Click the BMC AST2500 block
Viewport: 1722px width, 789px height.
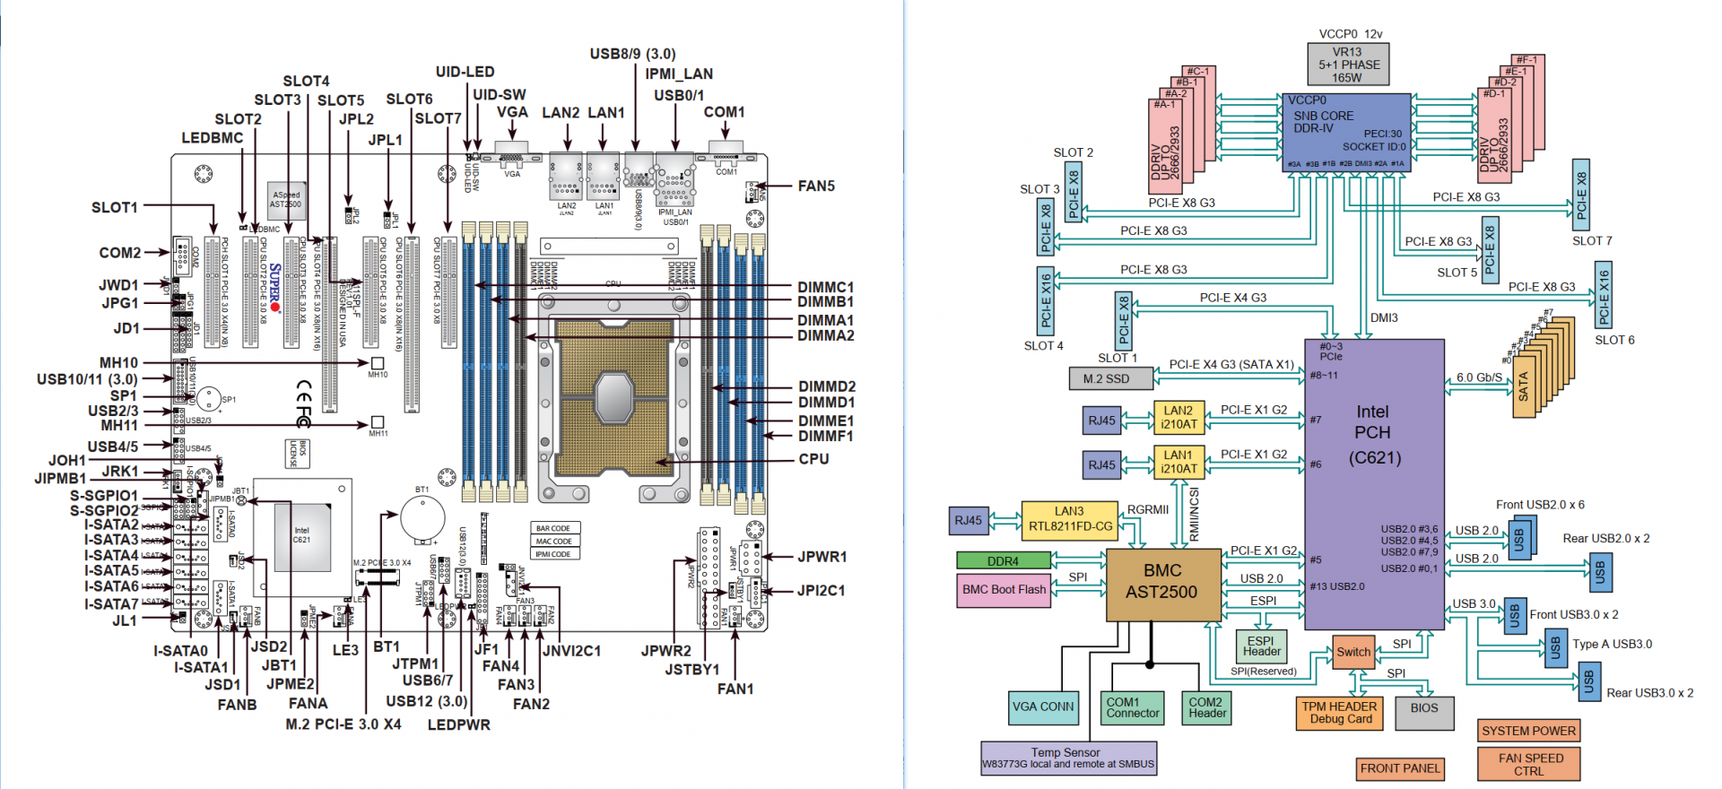(1163, 584)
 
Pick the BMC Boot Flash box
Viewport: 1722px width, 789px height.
(1004, 590)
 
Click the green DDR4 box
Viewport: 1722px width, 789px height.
(1003, 561)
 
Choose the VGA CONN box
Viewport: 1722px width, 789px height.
(1043, 707)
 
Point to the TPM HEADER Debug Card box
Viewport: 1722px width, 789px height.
(1340, 713)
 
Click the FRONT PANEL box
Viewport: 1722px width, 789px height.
(1399, 768)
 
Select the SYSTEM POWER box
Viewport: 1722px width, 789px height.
(1528, 731)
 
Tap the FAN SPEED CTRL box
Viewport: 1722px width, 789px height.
(1528, 764)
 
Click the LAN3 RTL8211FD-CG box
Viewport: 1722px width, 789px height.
(1069, 519)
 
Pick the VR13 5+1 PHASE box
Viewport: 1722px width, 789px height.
(1347, 65)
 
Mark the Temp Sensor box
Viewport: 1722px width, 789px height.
(1067, 758)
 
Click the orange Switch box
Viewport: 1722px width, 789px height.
(1353, 652)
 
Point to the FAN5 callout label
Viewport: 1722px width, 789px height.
(816, 186)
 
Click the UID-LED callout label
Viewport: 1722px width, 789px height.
(465, 72)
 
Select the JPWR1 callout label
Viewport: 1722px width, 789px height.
(822, 557)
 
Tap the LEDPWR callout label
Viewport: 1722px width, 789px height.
(458, 724)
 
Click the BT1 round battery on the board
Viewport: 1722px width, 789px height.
(422, 517)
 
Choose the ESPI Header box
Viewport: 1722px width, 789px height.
(1261, 646)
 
